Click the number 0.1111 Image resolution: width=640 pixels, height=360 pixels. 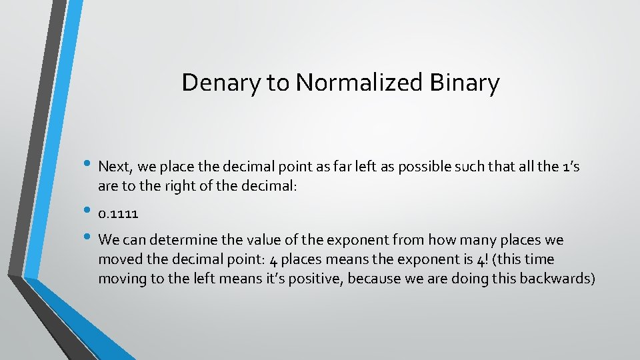[118, 213]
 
